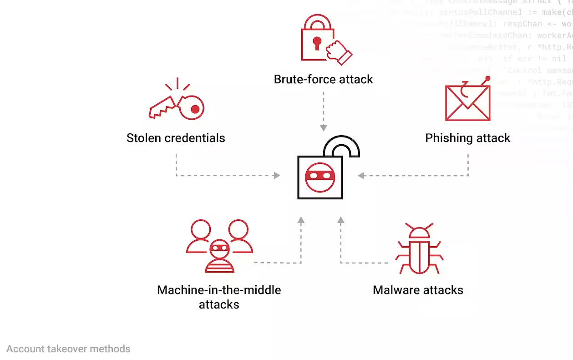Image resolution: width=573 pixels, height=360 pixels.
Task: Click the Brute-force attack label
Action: (323, 79)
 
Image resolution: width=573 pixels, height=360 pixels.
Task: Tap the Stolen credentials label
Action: (176, 138)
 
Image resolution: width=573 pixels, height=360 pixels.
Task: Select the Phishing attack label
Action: (467, 138)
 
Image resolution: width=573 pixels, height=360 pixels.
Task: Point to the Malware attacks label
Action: (418, 290)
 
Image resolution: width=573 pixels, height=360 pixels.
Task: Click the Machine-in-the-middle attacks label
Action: (219, 297)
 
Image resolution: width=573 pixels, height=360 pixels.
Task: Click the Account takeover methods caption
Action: (68, 349)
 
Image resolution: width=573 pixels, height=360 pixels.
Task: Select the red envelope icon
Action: (467, 103)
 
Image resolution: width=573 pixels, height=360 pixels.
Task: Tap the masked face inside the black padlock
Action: (320, 177)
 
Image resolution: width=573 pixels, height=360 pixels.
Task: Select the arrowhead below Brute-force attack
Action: (323, 128)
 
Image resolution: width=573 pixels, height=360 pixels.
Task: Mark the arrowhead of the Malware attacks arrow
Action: (340, 220)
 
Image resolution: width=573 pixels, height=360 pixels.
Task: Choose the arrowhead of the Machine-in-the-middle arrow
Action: (300, 220)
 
